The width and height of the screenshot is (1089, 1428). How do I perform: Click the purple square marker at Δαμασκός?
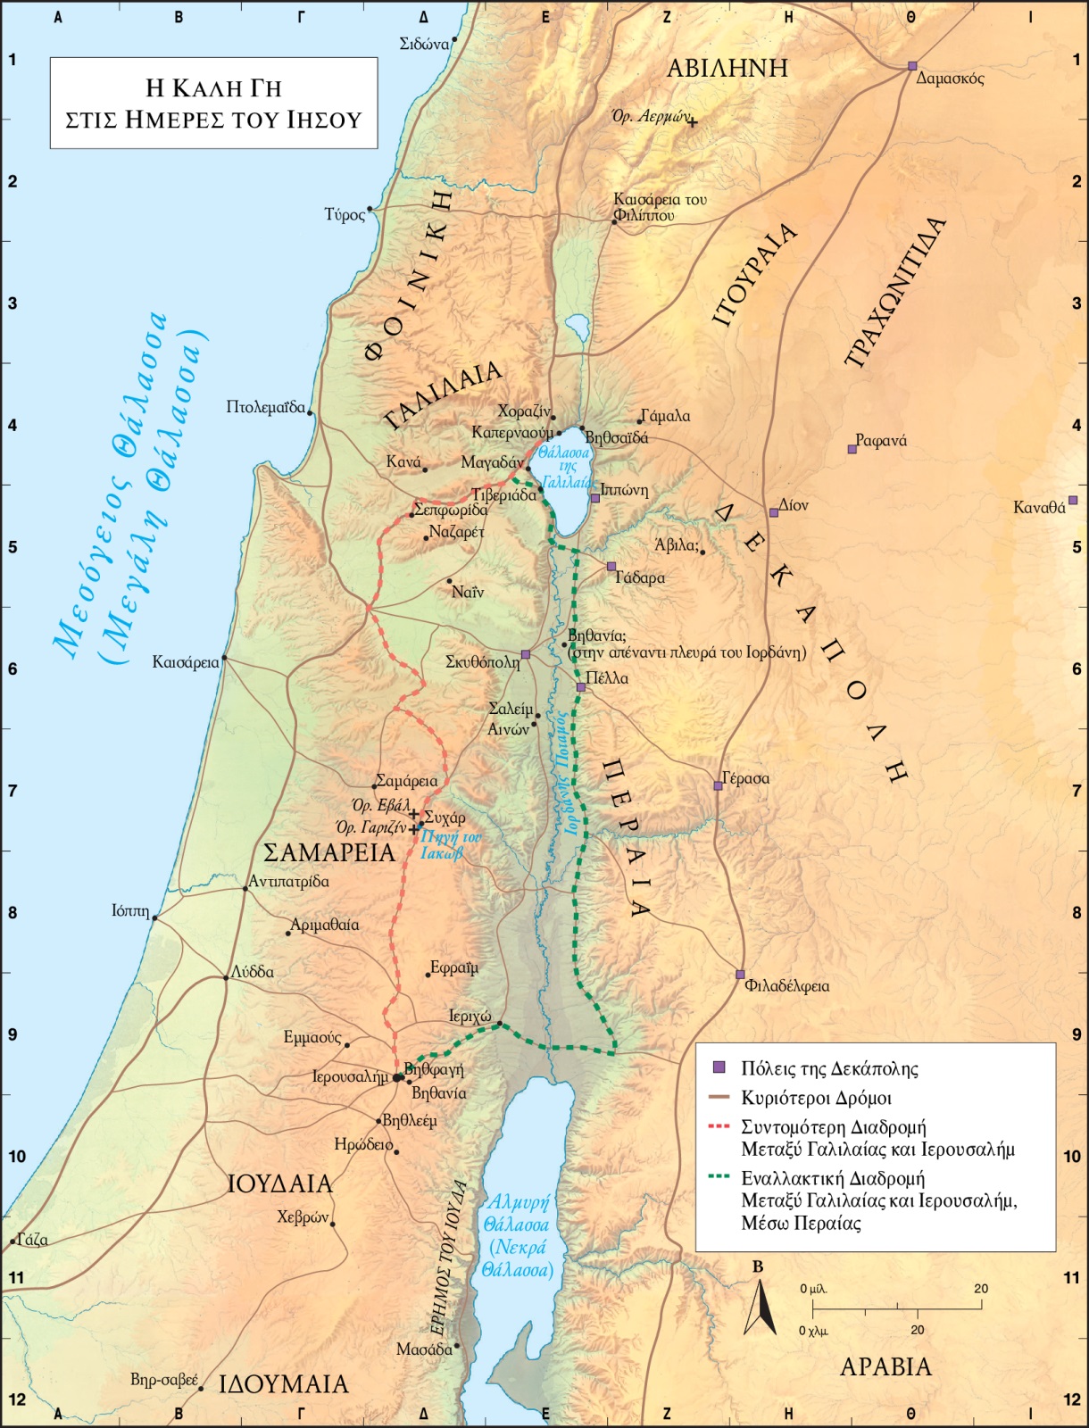[912, 66]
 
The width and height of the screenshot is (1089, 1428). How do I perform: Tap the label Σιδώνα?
[423, 44]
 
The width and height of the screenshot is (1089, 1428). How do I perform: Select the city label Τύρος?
[345, 214]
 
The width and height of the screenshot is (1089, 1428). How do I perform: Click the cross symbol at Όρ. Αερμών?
[692, 122]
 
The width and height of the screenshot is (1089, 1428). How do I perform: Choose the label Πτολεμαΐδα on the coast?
[265, 407]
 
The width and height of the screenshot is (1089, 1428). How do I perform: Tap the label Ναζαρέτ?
[456, 532]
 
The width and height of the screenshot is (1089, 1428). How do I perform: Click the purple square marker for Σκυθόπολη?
[526, 654]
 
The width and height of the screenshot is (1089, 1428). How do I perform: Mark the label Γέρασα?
[746, 778]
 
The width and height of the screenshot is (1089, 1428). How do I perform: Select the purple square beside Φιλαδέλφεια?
[740, 974]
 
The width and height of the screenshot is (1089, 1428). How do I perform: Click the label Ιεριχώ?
[470, 1017]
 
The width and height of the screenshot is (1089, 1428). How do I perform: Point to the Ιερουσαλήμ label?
[350, 1077]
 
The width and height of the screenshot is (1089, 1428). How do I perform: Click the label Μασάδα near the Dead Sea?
[424, 1349]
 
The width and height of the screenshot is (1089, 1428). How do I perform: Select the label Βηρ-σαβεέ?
[164, 1380]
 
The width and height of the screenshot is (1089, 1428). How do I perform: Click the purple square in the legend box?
[719, 1067]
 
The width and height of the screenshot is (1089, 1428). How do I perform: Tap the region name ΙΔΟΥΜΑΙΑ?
[284, 1384]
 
